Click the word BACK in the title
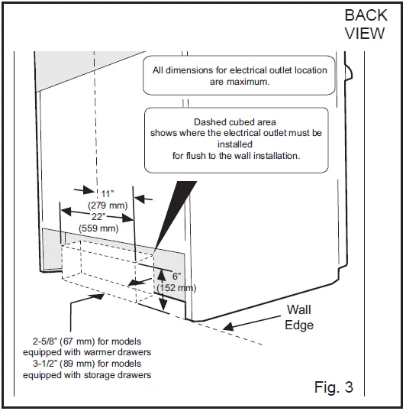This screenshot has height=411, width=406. point(366,15)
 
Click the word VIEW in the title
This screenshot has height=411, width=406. point(365,34)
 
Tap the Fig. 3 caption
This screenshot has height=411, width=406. point(333,387)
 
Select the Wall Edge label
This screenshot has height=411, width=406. point(299,317)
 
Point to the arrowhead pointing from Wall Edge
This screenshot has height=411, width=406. point(228,326)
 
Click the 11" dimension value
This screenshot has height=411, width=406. point(108,194)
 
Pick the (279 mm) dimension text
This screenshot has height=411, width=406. point(108,205)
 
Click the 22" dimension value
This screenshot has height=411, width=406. point(98,217)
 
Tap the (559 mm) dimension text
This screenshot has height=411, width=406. point(98,228)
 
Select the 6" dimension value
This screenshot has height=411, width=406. point(176,276)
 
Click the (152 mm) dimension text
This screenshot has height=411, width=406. point(176,288)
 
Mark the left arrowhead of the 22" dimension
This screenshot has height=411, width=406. point(66,212)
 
